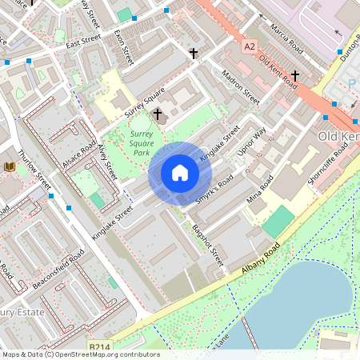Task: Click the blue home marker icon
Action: (180, 172)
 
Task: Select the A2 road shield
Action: (250, 46)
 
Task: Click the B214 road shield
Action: (99, 346)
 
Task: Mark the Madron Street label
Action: (241, 90)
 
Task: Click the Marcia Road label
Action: (286, 35)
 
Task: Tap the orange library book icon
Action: (10, 166)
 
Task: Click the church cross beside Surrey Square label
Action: (158, 115)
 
